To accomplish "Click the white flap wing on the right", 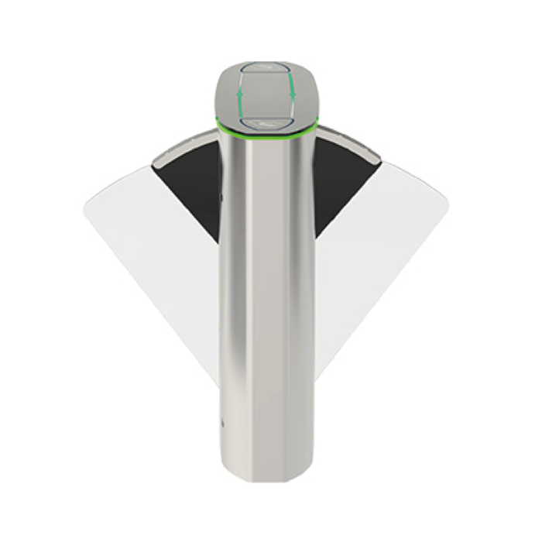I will [x=387, y=248].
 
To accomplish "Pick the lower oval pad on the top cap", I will [x=266, y=122].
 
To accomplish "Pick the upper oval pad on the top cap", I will [x=266, y=67].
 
